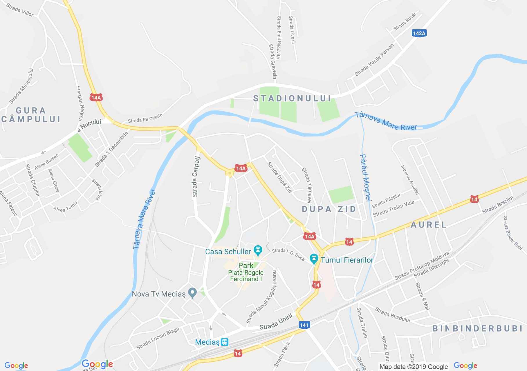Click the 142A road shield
419,33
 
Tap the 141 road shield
304,325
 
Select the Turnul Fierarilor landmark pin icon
314,259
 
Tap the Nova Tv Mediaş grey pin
192,293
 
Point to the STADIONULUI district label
292,99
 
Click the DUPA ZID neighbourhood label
329,209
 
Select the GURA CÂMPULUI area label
31,115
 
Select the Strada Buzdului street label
393,315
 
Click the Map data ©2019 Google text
414,367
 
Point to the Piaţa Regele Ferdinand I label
246,276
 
